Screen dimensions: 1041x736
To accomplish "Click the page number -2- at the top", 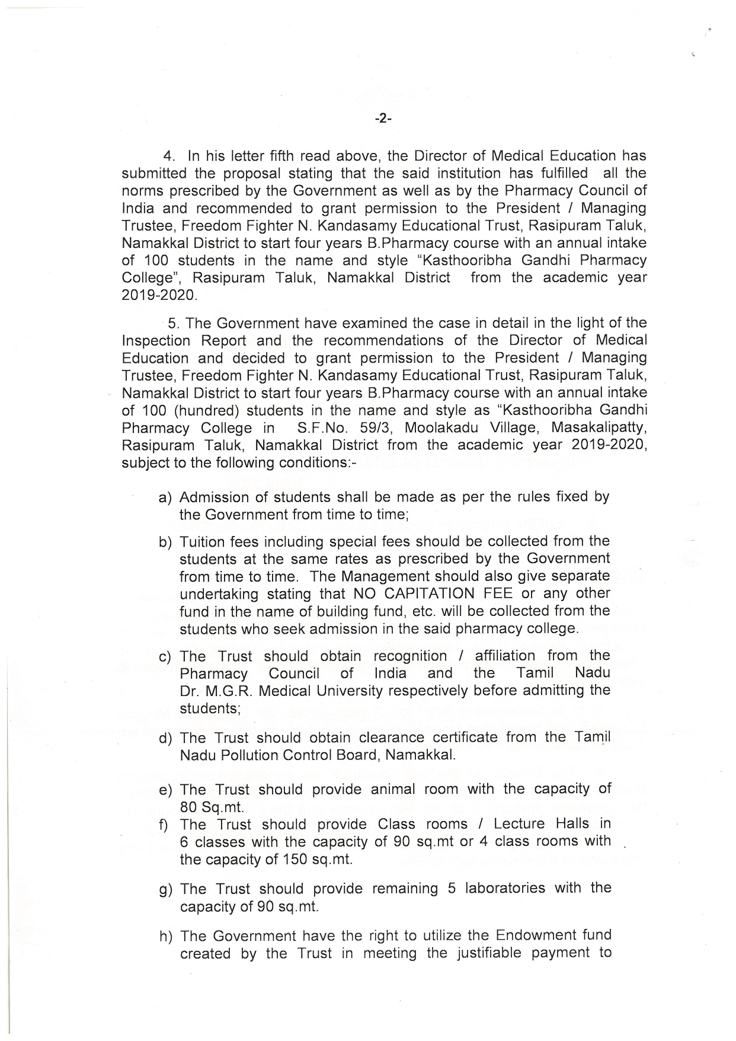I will click(383, 119).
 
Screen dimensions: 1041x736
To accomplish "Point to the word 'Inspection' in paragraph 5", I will click(156, 341).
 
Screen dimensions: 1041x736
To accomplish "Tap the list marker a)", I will click(165, 497).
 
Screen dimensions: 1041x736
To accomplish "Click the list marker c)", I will click(165, 657).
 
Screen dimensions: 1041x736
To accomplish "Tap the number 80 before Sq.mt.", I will click(188, 807).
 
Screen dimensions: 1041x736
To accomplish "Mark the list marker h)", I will click(166, 937).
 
